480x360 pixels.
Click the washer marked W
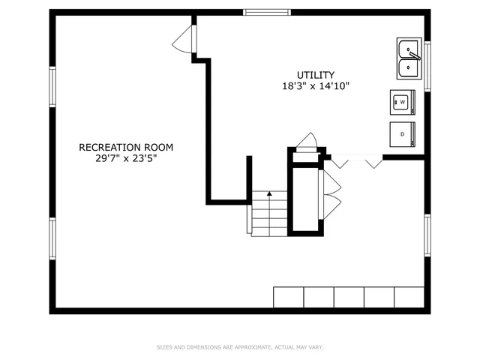pos(402,101)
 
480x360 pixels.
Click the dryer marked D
pos(402,133)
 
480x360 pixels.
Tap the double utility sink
pos(409,58)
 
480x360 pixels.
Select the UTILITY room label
pos(315,74)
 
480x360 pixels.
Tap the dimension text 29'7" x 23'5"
pos(125,158)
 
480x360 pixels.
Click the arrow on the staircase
pos(269,194)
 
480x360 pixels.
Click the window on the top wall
pos(266,12)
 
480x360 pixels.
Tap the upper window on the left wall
pos(52,87)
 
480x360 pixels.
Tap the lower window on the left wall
pos(52,238)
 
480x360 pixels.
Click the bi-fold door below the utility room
pos(356,161)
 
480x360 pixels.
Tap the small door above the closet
pos(307,142)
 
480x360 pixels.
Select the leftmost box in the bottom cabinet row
pos(288,297)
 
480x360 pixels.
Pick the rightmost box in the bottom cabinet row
pos(409,297)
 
